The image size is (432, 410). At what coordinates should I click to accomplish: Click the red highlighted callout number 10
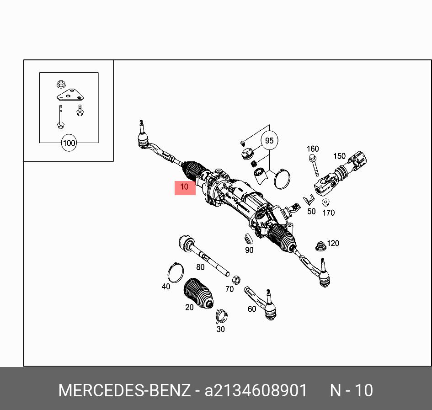point(185,187)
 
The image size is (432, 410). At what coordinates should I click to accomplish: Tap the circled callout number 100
point(69,143)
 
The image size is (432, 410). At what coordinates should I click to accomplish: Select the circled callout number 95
point(269,141)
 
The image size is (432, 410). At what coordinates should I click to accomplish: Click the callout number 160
point(313,149)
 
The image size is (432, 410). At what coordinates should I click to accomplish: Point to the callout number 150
point(339,156)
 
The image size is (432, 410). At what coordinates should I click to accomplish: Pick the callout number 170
point(328,213)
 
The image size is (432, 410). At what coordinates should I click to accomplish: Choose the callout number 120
point(333,243)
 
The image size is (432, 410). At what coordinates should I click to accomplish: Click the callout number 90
point(249,250)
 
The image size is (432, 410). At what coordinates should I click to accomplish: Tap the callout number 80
point(200,267)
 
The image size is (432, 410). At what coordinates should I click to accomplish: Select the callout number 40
point(166,287)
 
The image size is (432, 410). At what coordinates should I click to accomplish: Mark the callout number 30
point(220,329)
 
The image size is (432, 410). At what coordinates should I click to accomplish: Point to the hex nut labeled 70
point(236,279)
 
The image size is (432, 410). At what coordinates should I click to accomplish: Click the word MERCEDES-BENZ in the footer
point(124,391)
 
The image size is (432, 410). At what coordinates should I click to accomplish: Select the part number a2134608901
point(256,391)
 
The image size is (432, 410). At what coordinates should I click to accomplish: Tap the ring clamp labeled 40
point(175,273)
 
